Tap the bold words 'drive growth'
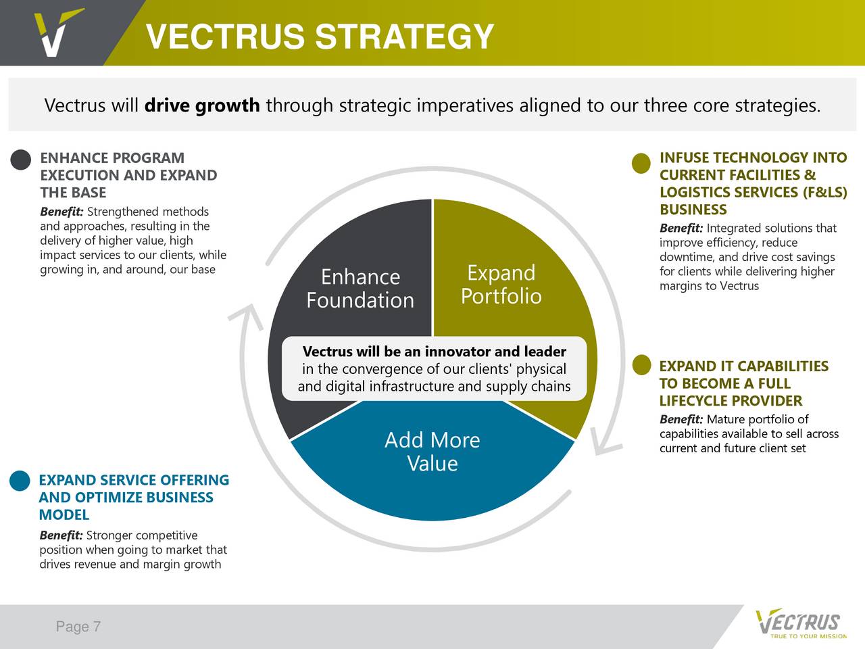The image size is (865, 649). click(202, 105)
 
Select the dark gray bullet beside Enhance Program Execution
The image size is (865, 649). click(21, 160)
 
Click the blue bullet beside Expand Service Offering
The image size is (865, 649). click(20, 481)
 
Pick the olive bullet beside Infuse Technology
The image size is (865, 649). click(641, 163)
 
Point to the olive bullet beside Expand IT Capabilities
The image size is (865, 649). click(641, 365)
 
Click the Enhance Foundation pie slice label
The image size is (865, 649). click(360, 289)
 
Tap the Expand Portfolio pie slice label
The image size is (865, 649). click(501, 285)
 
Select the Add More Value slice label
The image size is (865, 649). click(432, 452)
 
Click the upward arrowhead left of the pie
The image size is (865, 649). click(247, 314)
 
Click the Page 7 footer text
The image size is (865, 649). click(78, 626)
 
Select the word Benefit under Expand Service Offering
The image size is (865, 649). click(61, 535)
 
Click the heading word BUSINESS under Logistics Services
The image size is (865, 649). click(693, 210)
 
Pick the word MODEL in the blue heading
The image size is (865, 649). click(64, 514)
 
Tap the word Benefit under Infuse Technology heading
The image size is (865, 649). click(681, 228)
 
